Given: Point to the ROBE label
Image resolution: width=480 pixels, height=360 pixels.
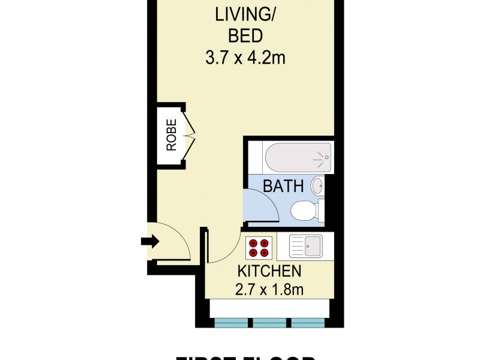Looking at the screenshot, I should click(172, 135).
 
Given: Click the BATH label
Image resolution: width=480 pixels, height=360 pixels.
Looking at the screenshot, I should click(283, 187).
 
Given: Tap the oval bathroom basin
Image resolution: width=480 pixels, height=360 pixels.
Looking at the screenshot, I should click(317, 187).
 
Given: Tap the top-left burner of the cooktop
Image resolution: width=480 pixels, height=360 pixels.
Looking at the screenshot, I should click(253, 242).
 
